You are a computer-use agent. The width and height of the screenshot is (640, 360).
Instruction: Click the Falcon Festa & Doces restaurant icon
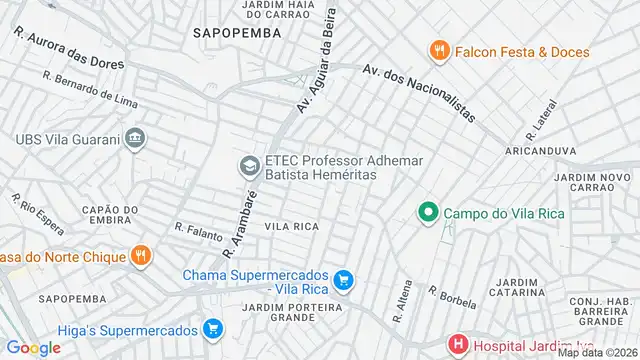437,51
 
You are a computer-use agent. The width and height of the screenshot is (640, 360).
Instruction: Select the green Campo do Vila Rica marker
427,212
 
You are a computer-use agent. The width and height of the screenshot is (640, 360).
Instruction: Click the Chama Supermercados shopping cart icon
344,281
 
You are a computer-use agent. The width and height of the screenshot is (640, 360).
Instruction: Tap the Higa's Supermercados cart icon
212,327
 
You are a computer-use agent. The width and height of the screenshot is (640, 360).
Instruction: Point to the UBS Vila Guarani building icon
136,138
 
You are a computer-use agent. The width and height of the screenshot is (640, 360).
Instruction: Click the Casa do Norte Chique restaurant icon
142,256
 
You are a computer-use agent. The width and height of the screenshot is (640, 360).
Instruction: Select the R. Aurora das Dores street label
69,48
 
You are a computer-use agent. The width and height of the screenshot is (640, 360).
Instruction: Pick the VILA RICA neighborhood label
291,227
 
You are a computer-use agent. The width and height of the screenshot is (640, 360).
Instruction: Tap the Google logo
33,347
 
